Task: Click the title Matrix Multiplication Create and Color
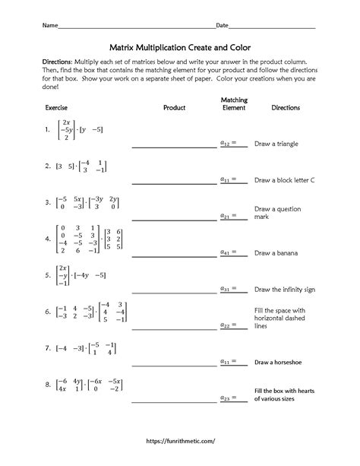click(x=180, y=46)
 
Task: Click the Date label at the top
click(x=223, y=25)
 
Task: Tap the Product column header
click(x=175, y=108)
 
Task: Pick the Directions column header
click(x=286, y=108)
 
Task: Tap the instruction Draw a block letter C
click(x=285, y=180)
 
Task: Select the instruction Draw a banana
click(x=276, y=252)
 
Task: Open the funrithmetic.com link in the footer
click(x=180, y=439)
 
